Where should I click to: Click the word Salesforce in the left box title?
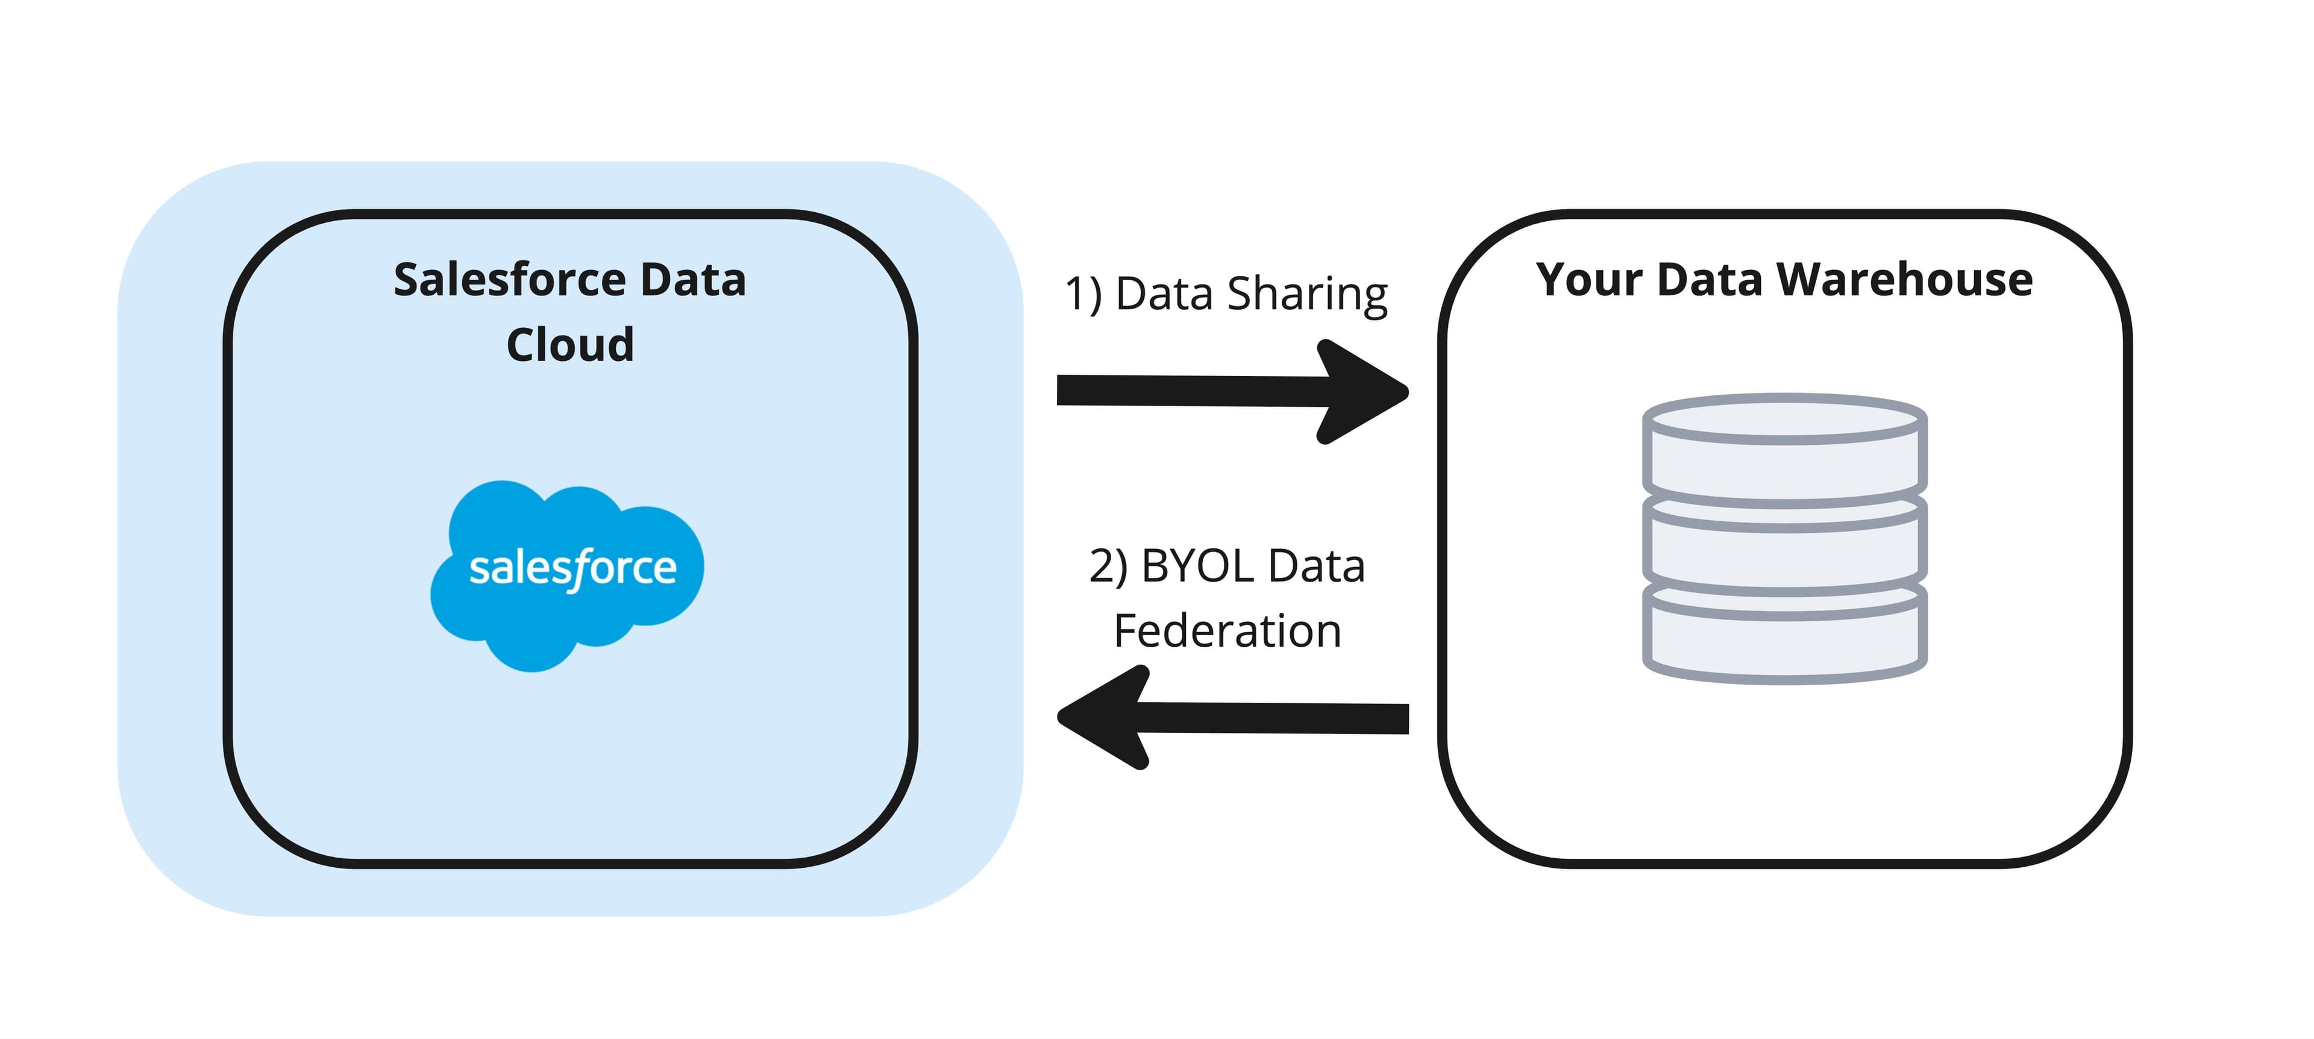pyautogui.click(x=509, y=280)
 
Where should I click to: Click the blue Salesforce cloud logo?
pyautogui.click(x=568, y=575)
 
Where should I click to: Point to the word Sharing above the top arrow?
pyautogui.click(x=1307, y=295)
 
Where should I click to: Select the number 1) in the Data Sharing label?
pyautogui.click(x=1082, y=295)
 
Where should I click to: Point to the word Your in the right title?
pyautogui.click(x=1588, y=280)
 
